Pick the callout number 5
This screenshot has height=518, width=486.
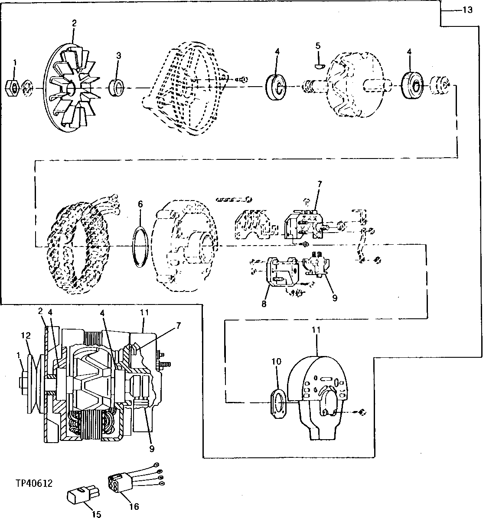pyautogui.click(x=318, y=45)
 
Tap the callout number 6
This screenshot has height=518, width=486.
pyautogui.click(x=140, y=204)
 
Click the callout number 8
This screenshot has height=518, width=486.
pyautogui.click(x=264, y=304)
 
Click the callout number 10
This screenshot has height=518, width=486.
pyautogui.click(x=277, y=361)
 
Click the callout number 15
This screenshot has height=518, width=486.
pyautogui.click(x=96, y=514)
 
